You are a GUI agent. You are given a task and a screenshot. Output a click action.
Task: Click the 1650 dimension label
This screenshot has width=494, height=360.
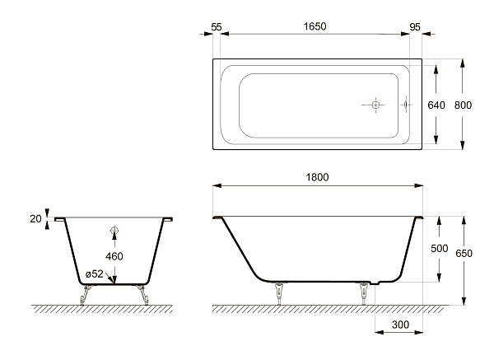(x=315, y=26)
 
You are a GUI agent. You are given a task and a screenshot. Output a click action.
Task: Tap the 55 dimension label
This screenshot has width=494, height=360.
(x=217, y=27)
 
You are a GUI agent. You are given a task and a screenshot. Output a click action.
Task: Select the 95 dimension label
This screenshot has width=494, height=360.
(x=415, y=27)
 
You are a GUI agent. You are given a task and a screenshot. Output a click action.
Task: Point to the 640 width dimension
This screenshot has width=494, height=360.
(x=436, y=105)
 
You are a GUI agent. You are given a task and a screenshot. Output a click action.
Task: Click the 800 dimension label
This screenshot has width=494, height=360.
(x=463, y=105)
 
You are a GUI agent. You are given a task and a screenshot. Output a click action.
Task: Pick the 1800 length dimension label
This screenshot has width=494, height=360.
(x=317, y=177)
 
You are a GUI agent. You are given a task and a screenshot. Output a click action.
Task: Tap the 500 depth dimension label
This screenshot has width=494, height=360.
(x=440, y=249)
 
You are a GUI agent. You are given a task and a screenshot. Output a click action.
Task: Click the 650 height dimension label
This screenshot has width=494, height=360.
(x=464, y=253)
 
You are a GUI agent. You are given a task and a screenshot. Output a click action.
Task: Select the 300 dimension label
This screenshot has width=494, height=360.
(x=400, y=325)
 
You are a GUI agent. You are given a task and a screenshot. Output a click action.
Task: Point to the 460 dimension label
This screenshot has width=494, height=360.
(x=114, y=256)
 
